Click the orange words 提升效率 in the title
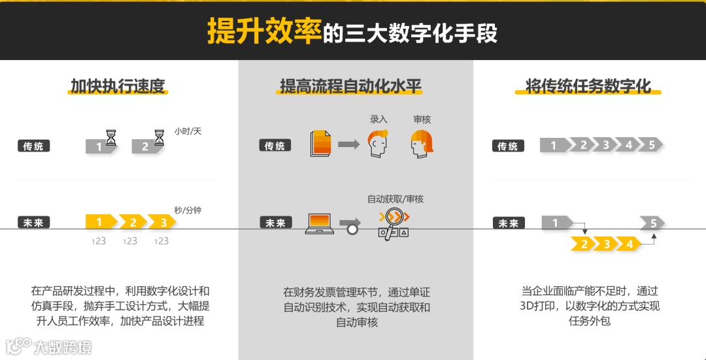pyautogui.click(x=264, y=31)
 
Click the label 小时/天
pyautogui.click(x=188, y=131)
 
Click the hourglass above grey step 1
pyautogui.click(x=112, y=137)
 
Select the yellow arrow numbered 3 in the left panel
pyautogui.click(x=162, y=222)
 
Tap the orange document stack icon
pyautogui.click(x=320, y=144)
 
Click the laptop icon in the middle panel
pyautogui.click(x=320, y=223)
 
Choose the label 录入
pyautogui.click(x=378, y=120)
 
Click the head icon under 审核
pyautogui.click(x=422, y=144)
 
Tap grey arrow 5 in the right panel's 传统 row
pyautogui.click(x=652, y=145)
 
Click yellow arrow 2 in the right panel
pyautogui.click(x=584, y=244)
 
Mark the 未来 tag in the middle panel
pyautogui.click(x=275, y=223)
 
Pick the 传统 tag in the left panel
pyautogui.click(x=33, y=146)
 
